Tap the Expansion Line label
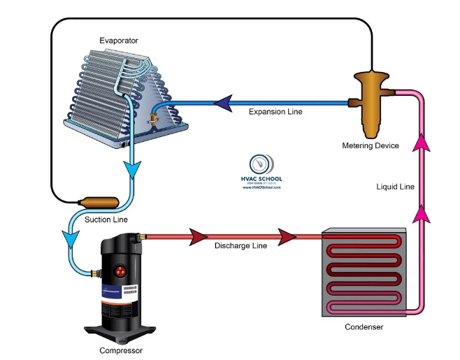(x=276, y=112)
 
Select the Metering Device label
(x=371, y=145)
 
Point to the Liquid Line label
(x=396, y=187)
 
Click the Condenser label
(x=364, y=326)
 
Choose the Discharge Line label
(x=240, y=246)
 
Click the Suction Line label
(x=106, y=219)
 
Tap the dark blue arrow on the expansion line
(x=222, y=103)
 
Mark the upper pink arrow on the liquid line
(x=421, y=144)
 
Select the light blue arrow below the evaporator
(x=132, y=168)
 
